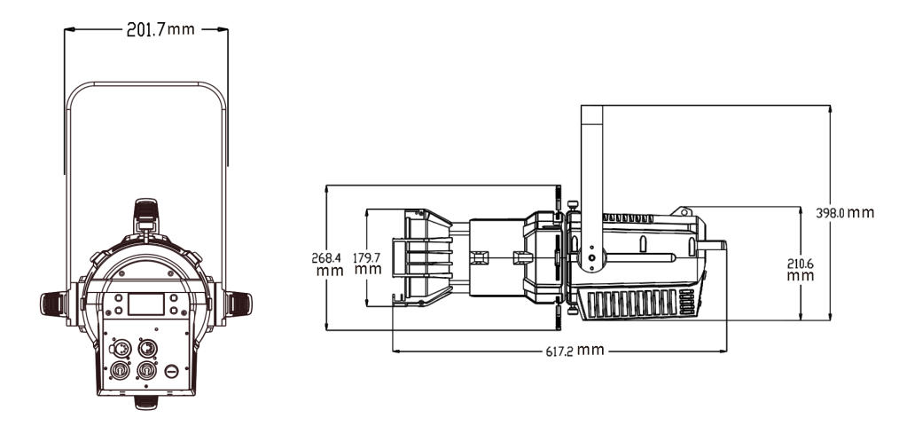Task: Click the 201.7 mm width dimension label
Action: [x=160, y=29]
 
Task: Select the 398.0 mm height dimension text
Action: [x=845, y=213]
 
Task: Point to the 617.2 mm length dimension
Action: [x=575, y=351]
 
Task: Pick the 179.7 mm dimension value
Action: [x=368, y=264]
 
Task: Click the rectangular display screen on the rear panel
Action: [x=145, y=304]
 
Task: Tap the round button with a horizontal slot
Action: [x=171, y=371]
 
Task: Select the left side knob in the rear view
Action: [x=53, y=304]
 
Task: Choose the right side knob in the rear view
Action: [x=238, y=304]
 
